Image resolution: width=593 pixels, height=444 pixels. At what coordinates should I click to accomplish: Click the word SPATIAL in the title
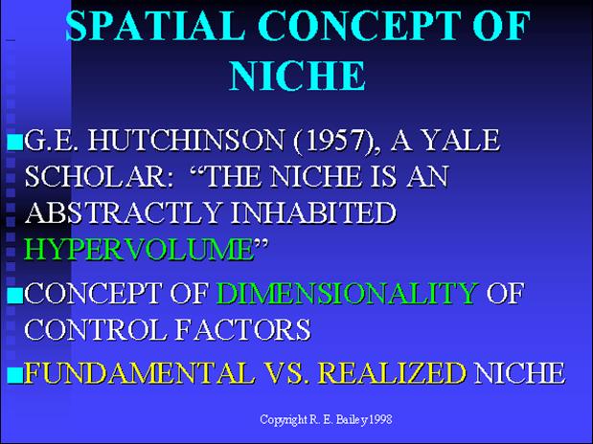click(x=155, y=26)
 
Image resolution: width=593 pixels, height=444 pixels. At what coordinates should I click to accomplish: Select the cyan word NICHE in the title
click(x=297, y=76)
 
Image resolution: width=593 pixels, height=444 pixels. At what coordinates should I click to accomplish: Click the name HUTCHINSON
click(x=186, y=141)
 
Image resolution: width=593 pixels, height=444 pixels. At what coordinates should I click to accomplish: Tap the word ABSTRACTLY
click(x=123, y=212)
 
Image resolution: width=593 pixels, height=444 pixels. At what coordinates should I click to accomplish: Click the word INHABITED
click(x=313, y=212)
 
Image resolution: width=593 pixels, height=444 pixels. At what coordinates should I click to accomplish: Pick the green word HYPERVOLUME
click(x=140, y=249)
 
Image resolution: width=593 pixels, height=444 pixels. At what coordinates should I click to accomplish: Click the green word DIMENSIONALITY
click(x=347, y=293)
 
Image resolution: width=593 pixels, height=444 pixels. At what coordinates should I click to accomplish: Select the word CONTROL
click(x=95, y=328)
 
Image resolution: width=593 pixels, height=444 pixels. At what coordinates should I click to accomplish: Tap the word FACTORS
click(x=243, y=328)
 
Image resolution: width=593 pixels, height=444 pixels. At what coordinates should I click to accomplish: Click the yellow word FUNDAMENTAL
click(x=139, y=373)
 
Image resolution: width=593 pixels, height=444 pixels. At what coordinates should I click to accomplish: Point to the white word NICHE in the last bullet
click(x=520, y=373)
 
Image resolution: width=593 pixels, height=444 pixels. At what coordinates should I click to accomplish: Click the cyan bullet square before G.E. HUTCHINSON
click(x=15, y=143)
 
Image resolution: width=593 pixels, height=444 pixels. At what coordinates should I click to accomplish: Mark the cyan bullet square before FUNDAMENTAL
click(x=15, y=375)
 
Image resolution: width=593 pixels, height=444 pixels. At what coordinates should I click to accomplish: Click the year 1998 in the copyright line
click(x=380, y=419)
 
